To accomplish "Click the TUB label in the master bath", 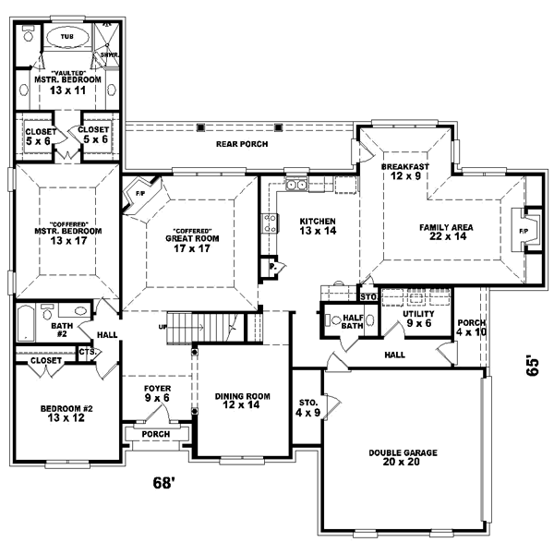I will pos(67,37).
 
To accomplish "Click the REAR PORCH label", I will pos(235,143).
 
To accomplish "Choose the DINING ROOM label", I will pos(243,402).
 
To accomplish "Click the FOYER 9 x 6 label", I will pos(156,394).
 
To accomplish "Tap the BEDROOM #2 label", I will pos(66,415).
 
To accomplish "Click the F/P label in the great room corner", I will pos(140,195).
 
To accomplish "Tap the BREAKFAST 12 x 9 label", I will pos(403,172).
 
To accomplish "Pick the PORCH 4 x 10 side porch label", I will pos(471,328).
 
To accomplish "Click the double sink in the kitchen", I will pos(296,185).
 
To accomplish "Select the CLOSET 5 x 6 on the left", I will pos(40,137).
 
